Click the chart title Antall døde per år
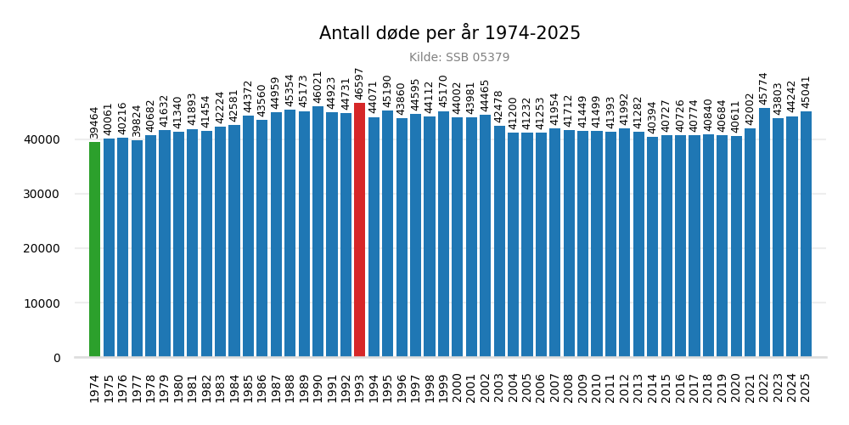click(x=449, y=33)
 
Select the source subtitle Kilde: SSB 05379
click(x=459, y=58)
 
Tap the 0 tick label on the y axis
click(x=57, y=358)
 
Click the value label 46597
click(x=359, y=83)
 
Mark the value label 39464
click(x=94, y=122)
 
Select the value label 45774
click(x=764, y=88)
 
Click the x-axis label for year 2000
click(x=457, y=388)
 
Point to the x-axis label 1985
click(x=248, y=388)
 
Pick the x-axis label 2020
click(x=736, y=388)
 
